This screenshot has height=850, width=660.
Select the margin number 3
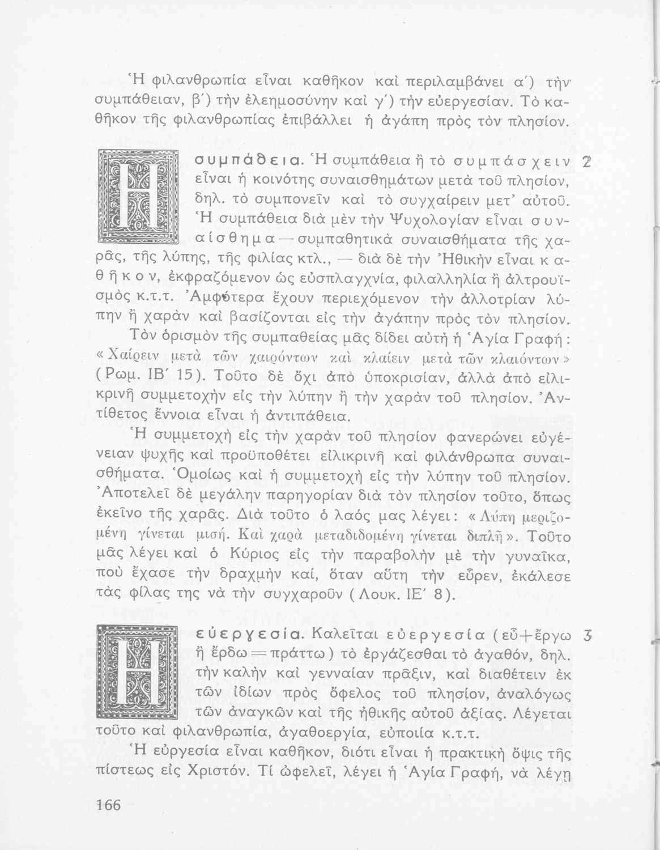[x=586, y=636]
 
